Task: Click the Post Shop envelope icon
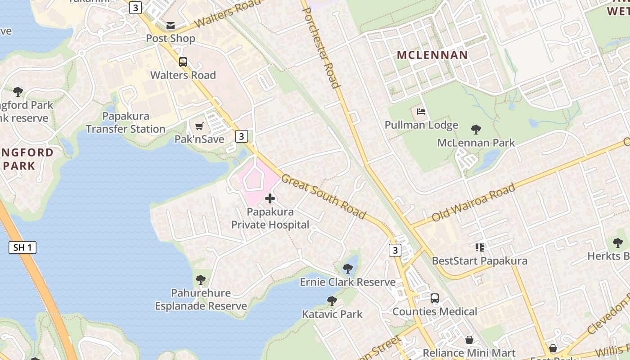click(x=171, y=26)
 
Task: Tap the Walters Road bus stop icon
click(x=183, y=62)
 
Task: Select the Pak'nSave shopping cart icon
click(x=199, y=126)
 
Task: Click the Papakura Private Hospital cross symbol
click(x=270, y=198)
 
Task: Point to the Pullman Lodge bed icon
click(x=421, y=112)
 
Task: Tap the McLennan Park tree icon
click(x=476, y=130)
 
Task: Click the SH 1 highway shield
click(x=22, y=247)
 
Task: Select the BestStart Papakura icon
click(x=479, y=247)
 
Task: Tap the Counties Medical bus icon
click(x=434, y=298)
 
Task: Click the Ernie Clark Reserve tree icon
click(x=347, y=269)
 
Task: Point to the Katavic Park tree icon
click(x=332, y=301)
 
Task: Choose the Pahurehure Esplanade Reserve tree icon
click(x=201, y=280)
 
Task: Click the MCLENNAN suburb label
click(x=432, y=55)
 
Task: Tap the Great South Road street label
click(x=324, y=197)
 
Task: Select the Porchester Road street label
click(x=320, y=45)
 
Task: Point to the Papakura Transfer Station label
click(x=126, y=123)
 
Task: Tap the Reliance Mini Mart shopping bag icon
click(x=469, y=340)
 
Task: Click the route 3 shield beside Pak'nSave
click(x=242, y=136)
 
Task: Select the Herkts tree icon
click(x=618, y=243)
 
